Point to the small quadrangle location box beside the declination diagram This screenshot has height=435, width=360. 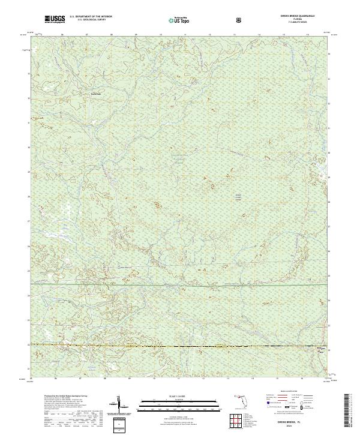click(120, 424)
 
